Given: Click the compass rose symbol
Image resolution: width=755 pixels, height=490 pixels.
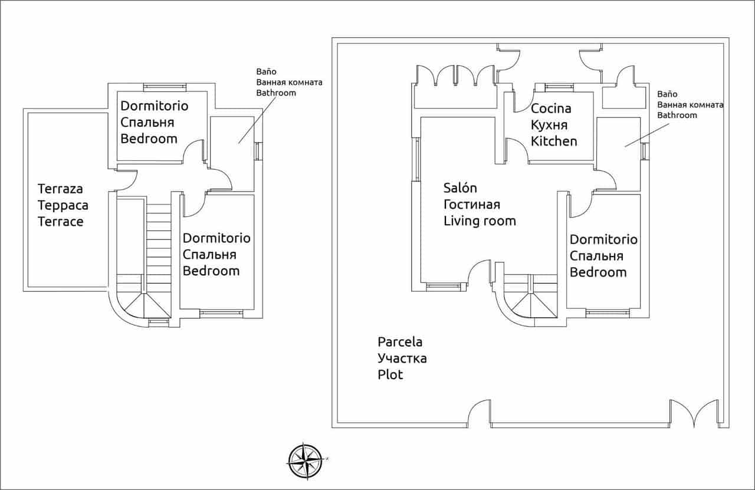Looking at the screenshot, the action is point(305,461).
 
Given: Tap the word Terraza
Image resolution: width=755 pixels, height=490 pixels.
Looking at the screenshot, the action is point(60,189).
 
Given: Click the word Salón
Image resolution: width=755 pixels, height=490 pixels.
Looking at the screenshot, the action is point(460,188).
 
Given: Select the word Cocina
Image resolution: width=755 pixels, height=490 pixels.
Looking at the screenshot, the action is point(551,108).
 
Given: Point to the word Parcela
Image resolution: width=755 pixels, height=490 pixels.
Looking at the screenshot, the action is point(400,342).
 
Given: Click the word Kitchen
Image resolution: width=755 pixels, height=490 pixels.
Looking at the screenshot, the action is point(554,142).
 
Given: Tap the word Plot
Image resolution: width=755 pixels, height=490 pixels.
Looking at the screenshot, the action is point(390,375).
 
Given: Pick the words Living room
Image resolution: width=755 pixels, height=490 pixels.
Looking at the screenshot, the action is point(479,221).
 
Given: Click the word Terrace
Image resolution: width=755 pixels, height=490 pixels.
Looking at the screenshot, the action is point(60,222).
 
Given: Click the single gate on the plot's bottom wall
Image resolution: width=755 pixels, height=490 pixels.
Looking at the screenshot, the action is point(479,412).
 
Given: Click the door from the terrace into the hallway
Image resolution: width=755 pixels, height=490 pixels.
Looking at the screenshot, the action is point(126,180).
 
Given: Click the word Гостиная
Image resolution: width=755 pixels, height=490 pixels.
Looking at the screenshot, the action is point(471,205).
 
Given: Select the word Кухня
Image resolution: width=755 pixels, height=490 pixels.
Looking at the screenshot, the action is point(549,125).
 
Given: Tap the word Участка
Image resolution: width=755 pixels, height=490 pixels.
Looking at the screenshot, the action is point(402,359).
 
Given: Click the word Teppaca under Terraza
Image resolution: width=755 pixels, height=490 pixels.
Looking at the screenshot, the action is point(63,206).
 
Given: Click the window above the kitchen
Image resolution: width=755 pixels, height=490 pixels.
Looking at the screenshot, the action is point(559,87).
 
